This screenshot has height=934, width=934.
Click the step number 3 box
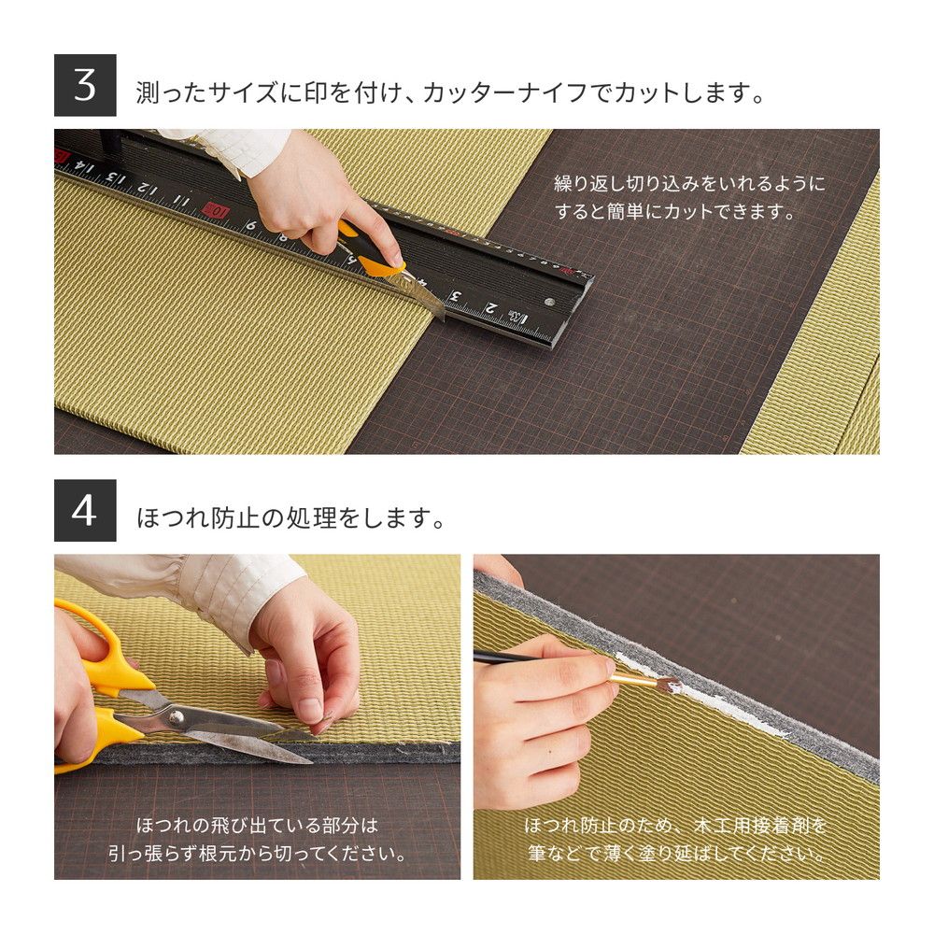pyautogui.click(x=85, y=85)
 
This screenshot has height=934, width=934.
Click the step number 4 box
pyautogui.click(x=85, y=511)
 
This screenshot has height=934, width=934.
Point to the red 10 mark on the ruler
pyautogui.click(x=217, y=209)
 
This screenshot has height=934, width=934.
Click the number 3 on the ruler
pyautogui.click(x=456, y=297)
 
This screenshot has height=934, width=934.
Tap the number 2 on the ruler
pyautogui.click(x=490, y=309)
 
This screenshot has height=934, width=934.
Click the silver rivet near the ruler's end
pyautogui.click(x=548, y=302)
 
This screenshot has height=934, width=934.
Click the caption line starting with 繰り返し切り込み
pyautogui.click(x=689, y=184)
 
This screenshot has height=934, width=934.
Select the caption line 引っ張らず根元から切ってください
pyautogui.click(x=258, y=854)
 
